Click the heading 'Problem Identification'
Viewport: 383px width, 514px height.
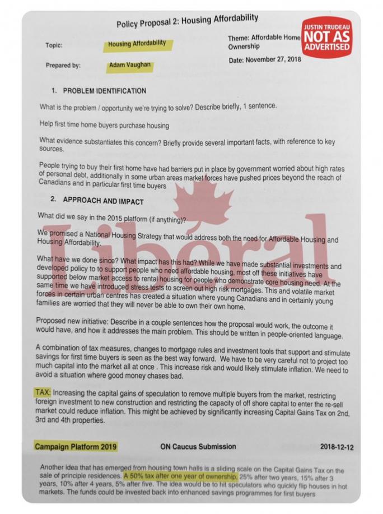click(105, 91)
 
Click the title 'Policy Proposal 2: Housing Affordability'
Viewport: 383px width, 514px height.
click(187, 22)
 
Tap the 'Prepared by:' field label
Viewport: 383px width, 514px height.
click(63, 66)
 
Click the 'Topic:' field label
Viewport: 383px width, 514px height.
click(54, 45)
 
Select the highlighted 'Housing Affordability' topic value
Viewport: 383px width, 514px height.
click(137, 44)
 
